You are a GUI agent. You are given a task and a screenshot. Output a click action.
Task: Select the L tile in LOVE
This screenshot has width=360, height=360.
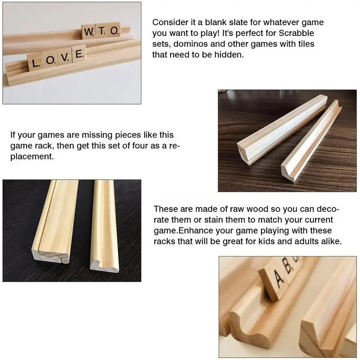tap(35, 62)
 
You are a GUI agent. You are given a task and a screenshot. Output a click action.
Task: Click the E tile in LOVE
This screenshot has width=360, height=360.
tap(79, 54)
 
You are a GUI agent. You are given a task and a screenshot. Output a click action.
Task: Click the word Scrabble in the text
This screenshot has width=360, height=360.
tap(296, 33)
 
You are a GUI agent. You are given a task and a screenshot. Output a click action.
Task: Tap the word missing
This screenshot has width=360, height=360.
tap(97, 135)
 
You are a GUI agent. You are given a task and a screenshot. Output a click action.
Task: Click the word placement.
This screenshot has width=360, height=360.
tap(32, 157)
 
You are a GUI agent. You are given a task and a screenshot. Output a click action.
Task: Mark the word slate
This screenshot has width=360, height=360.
tap(238, 22)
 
